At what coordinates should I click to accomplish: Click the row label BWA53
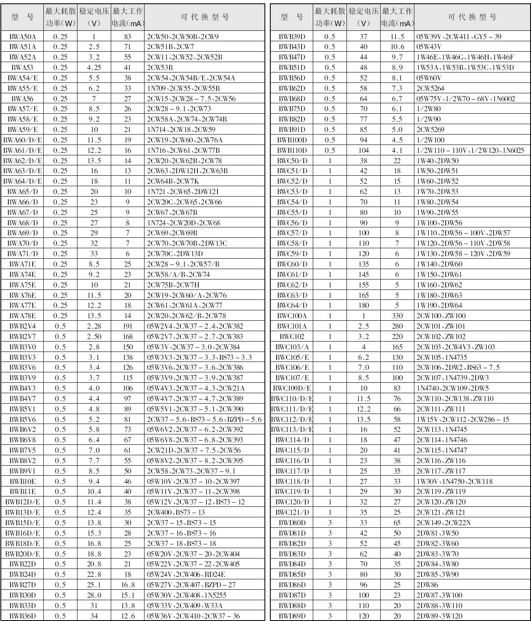click(x=22, y=67)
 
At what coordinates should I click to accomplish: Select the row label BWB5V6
click(x=22, y=419)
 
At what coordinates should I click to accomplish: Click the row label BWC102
click(x=292, y=337)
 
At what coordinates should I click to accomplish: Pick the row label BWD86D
click(x=292, y=585)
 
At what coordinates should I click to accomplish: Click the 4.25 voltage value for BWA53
click(x=94, y=67)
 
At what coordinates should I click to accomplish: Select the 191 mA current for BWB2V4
click(x=127, y=326)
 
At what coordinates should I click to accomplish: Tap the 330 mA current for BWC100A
click(x=397, y=316)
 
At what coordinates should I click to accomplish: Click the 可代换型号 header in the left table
click(x=204, y=17)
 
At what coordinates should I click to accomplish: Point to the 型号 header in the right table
click(x=292, y=17)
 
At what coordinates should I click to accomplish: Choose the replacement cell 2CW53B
click(x=160, y=67)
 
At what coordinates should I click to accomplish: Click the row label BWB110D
click(x=292, y=150)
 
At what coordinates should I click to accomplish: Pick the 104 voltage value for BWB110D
click(x=364, y=150)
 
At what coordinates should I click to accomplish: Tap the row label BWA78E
click(x=22, y=316)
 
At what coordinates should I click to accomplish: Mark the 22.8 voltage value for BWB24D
click(x=94, y=574)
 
